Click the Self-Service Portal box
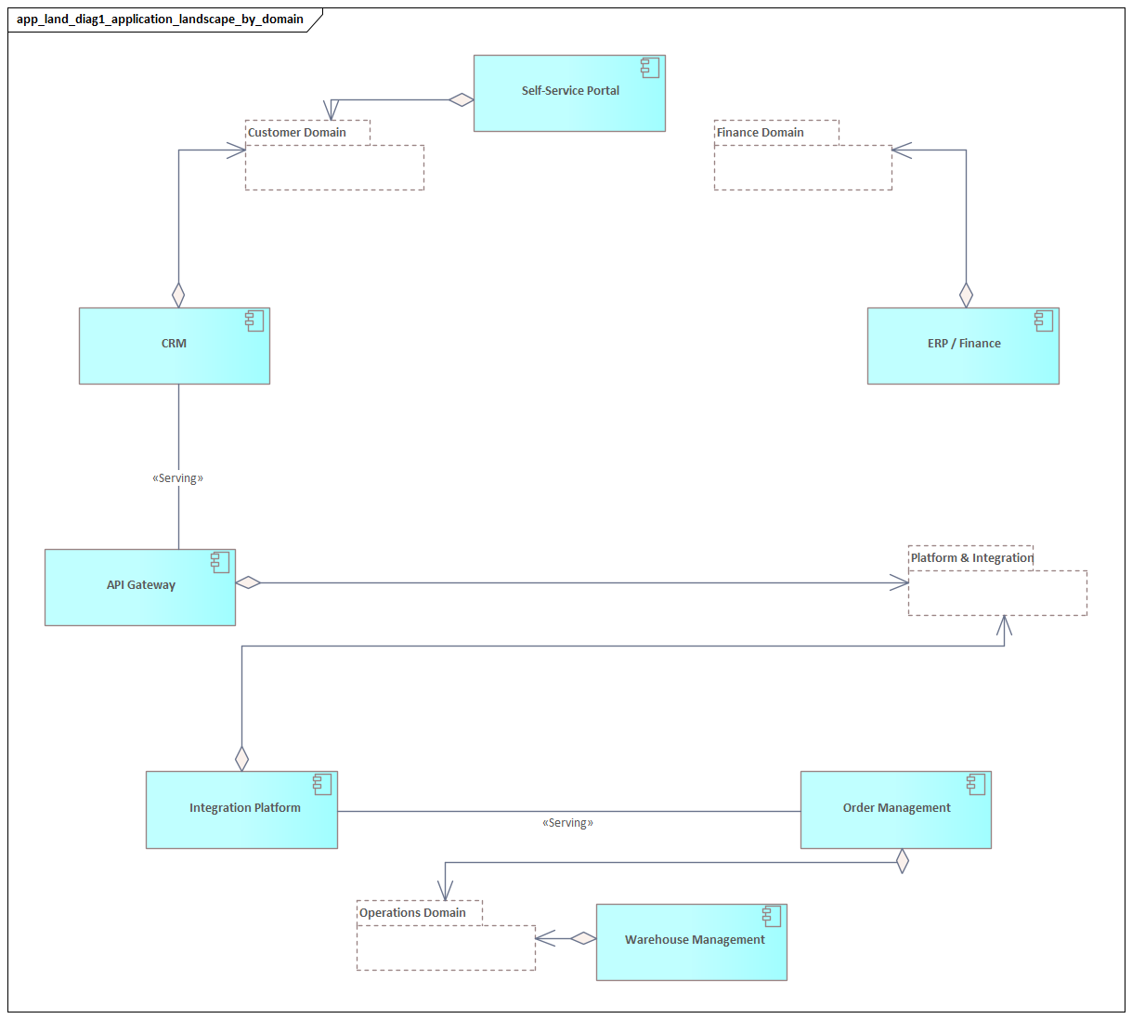point(569,93)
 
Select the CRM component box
point(175,346)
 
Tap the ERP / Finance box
point(963,346)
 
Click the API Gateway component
point(140,587)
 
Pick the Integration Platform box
point(241,809)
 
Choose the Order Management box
point(896,809)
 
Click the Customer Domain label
point(297,133)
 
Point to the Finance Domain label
point(761,133)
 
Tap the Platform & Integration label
point(971,558)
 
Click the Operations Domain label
point(412,913)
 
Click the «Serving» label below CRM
point(178,478)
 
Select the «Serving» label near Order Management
point(567,823)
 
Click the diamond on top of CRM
point(178,295)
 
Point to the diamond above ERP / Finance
point(966,295)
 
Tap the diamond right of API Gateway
point(248,582)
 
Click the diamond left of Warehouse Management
point(583,938)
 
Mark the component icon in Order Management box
point(976,784)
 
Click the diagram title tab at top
point(160,20)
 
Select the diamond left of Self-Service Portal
point(461,99)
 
